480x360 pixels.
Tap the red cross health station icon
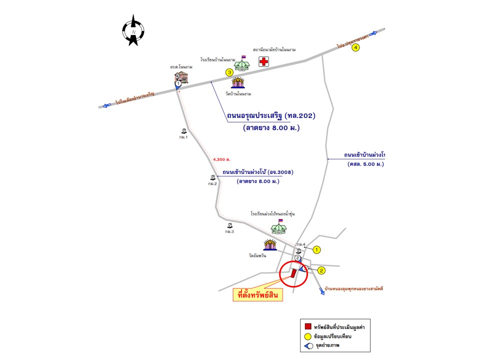tap(263, 61)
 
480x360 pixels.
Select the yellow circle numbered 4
tap(355, 48)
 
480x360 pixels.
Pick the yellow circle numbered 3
tap(229, 72)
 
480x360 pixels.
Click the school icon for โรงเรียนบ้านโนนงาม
tap(242, 63)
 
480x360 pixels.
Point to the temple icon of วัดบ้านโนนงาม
tap(238, 81)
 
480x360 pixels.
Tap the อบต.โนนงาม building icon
tap(181, 76)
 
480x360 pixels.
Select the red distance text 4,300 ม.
tap(221, 159)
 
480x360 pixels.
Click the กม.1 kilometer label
tap(183, 136)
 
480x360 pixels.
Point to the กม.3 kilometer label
tap(229, 231)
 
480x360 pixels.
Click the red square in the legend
tap(308, 327)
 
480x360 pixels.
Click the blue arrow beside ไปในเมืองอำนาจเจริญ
tap(105, 105)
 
